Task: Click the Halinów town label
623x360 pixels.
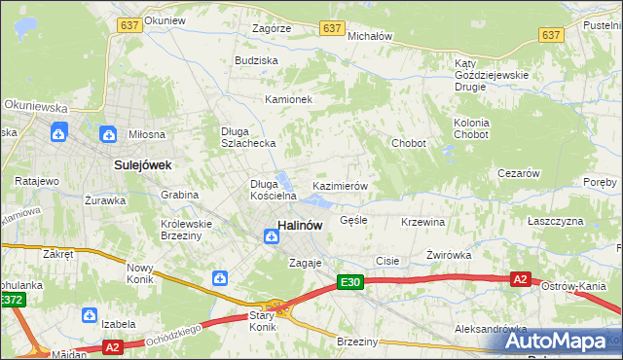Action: point(301,225)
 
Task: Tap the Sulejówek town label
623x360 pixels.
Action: point(142,165)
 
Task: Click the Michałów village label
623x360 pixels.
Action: point(369,36)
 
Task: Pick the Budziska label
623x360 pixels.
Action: point(256,60)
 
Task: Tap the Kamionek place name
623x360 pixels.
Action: point(288,100)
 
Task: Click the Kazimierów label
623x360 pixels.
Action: point(339,186)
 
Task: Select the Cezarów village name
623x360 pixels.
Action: point(518,173)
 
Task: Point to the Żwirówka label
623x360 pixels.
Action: point(449,255)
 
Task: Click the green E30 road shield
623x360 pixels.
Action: point(351,282)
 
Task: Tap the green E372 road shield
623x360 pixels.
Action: point(12,301)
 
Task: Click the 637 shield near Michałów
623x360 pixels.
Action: point(334,29)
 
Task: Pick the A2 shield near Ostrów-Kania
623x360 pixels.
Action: point(521,279)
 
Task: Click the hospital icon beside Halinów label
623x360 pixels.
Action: point(268,234)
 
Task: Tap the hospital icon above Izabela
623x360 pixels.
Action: point(89,315)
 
